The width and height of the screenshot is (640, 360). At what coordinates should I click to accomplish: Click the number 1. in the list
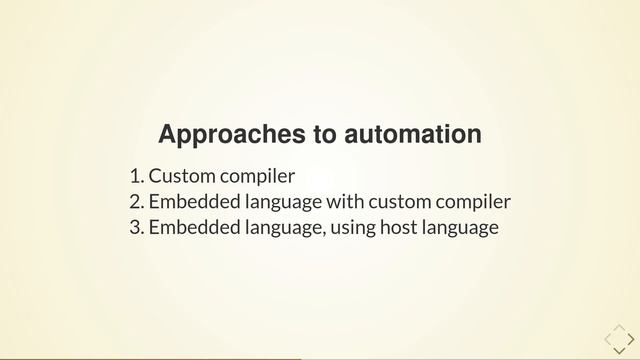[137, 177]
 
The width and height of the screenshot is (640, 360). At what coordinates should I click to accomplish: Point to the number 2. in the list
[137, 203]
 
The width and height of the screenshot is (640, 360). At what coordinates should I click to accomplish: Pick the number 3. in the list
[137, 228]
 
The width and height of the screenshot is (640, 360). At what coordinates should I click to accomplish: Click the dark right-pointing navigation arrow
[631, 338]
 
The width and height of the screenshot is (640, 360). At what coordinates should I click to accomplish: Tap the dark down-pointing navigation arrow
[618, 350]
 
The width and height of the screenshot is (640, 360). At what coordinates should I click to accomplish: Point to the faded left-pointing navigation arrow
[607, 338]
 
